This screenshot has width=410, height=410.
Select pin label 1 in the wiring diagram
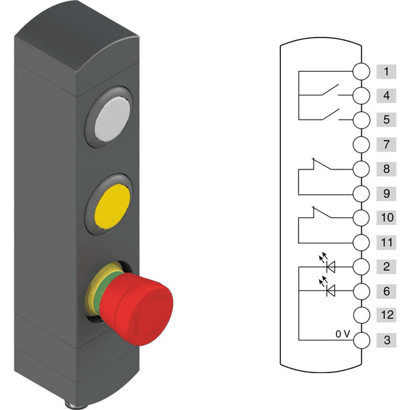pyautogui.click(x=386, y=71)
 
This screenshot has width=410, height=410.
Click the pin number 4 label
pyautogui.click(x=386, y=96)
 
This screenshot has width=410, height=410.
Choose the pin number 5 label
pyautogui.click(x=386, y=120)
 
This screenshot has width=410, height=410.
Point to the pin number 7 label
pyautogui.click(x=386, y=144)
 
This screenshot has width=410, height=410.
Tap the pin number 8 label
pyautogui.click(x=386, y=169)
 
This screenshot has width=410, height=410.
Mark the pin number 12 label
pyautogui.click(x=386, y=316)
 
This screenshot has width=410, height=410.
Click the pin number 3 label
pyautogui.click(x=386, y=340)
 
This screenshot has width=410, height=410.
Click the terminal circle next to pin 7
pyautogui.click(x=361, y=144)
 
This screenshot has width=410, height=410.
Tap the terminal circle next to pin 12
pyautogui.click(x=361, y=316)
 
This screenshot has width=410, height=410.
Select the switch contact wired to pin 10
pyautogui.click(x=325, y=215)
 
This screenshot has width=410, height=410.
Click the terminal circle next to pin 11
pyautogui.click(x=361, y=243)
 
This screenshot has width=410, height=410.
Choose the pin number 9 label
pyautogui.click(x=386, y=193)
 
